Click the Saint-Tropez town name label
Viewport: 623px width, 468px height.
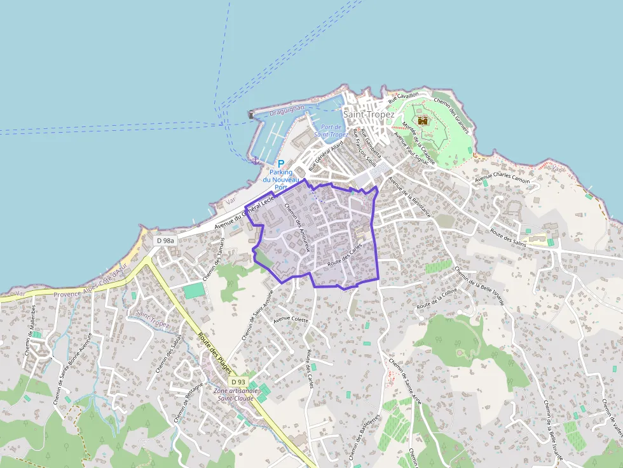[368, 114]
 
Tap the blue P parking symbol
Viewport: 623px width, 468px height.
[280, 164]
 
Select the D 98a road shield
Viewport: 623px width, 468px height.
[165, 240]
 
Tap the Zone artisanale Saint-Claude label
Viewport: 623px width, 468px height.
[236, 394]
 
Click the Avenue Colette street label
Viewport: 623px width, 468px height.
[291, 319]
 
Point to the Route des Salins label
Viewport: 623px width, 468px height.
[508, 234]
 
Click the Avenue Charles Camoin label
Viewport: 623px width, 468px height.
[502, 176]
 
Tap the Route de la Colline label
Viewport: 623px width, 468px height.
[437, 298]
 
